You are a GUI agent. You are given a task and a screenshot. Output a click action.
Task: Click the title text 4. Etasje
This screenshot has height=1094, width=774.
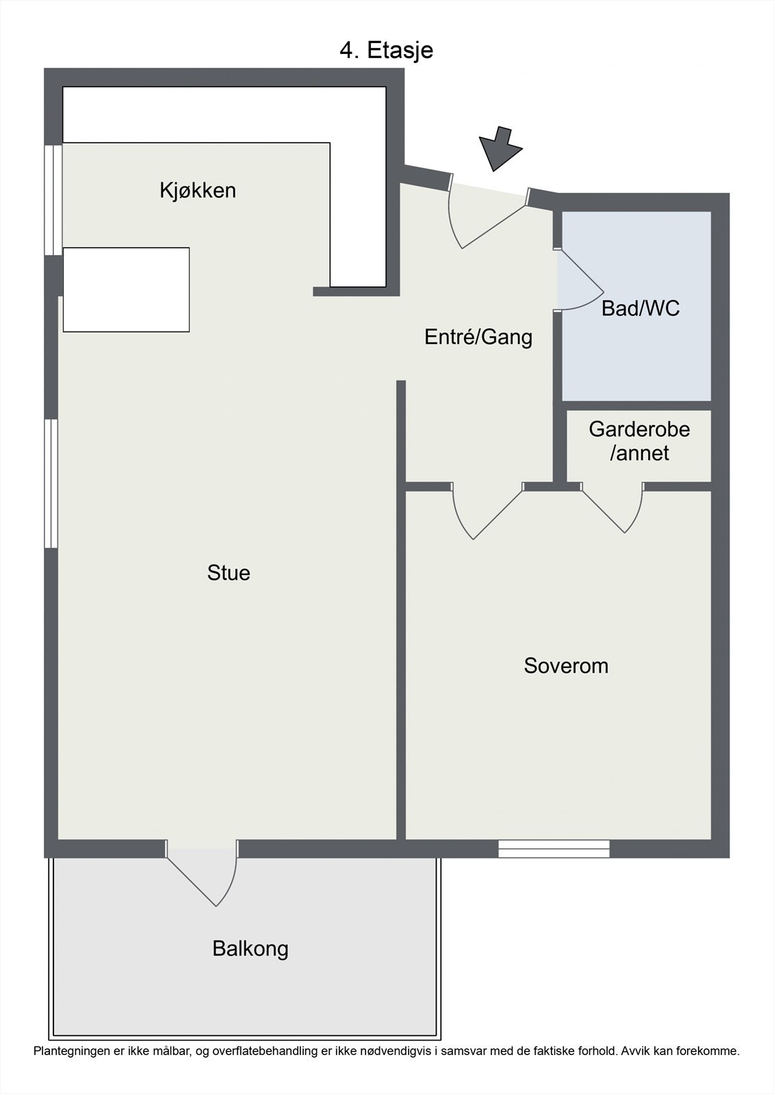point(386,51)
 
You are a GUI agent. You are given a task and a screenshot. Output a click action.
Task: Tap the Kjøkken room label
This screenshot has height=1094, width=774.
point(198,190)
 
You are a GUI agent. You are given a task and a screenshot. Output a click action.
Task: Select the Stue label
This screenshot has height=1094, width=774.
point(229,572)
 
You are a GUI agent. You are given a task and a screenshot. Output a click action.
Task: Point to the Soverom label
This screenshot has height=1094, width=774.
point(566,666)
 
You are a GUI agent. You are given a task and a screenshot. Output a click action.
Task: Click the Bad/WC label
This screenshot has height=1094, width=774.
point(641,308)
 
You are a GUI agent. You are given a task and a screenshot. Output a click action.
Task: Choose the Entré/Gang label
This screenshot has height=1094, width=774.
point(478,336)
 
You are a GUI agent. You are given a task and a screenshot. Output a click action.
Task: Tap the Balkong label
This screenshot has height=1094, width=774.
point(250,949)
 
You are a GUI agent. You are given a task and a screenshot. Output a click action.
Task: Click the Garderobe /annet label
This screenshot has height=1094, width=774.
point(639,441)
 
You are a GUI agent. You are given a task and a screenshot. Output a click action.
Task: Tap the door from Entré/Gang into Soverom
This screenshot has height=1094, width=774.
point(486,509)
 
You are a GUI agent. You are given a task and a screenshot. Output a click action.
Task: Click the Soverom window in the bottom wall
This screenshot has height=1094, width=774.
point(554,849)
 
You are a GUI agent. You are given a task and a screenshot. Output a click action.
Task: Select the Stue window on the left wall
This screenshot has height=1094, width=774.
point(51,483)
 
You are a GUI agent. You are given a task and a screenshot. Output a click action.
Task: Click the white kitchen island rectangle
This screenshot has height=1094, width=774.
point(126,290)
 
